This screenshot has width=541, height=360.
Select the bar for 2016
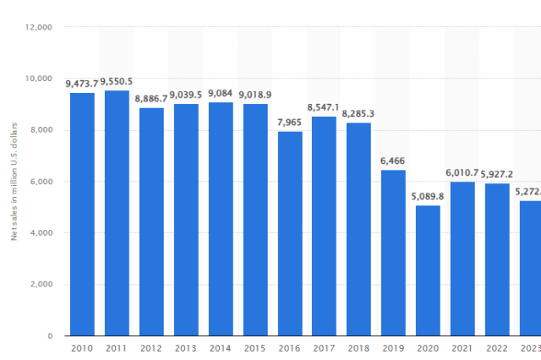point(290,233)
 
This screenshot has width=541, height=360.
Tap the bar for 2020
point(428,270)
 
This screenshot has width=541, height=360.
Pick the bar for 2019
point(393,253)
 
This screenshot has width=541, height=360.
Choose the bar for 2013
point(186,220)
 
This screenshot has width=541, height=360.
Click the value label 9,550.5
point(117,82)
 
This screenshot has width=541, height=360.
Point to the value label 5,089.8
point(428,197)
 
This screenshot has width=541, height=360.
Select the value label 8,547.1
point(325,108)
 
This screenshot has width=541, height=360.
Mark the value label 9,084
point(221,94)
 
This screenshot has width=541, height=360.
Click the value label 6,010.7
point(462,173)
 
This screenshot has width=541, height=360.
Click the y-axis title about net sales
point(14,182)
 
